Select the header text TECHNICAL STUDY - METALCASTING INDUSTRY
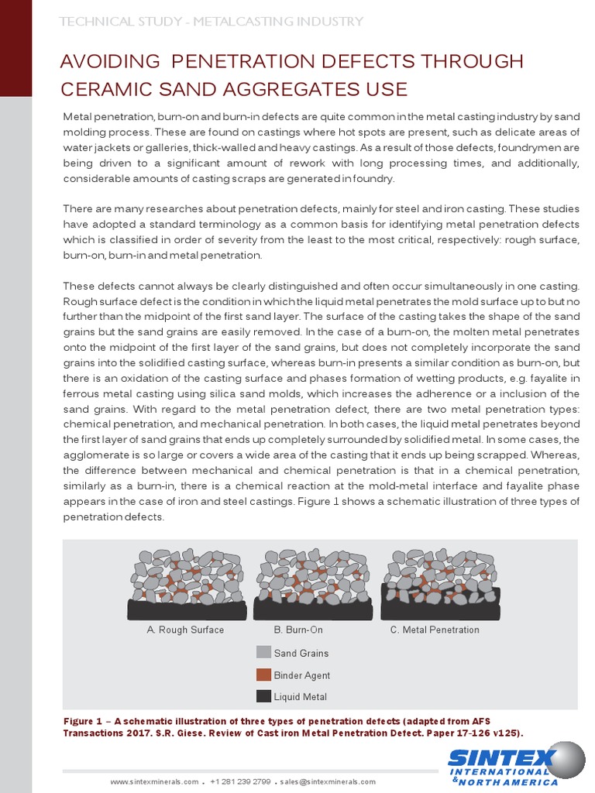[x=212, y=22]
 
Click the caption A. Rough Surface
[x=185, y=630]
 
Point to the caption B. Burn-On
[x=298, y=630]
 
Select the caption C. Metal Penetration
[x=435, y=630]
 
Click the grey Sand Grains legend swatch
[x=263, y=653]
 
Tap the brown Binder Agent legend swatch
[x=263, y=675]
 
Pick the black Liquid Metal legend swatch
[x=263, y=696]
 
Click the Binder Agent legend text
[x=301, y=675]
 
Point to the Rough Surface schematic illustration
[x=187, y=584]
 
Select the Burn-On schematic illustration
[x=313, y=584]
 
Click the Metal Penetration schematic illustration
[x=440, y=584]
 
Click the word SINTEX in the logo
[x=500, y=758]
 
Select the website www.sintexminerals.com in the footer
[x=154, y=782]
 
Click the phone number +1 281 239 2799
[x=239, y=782]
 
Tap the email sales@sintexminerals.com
[x=328, y=782]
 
